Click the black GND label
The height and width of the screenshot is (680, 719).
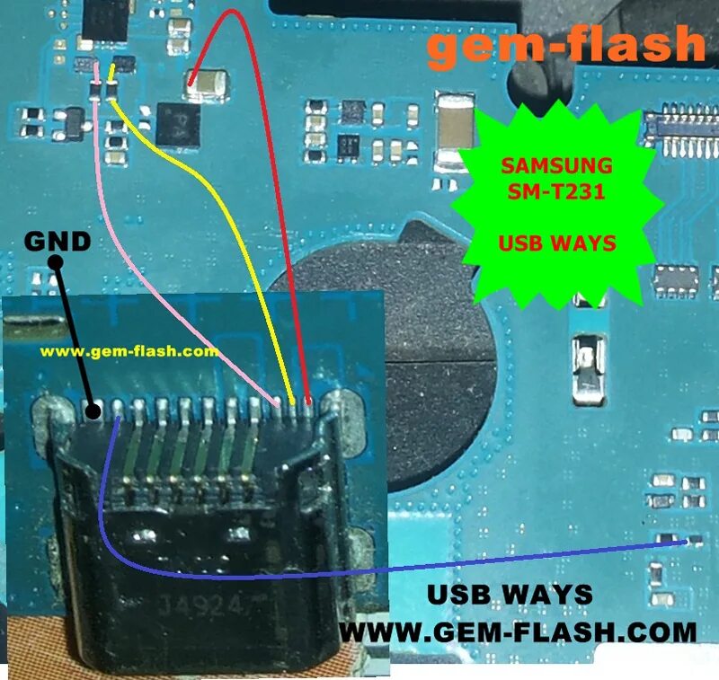(57, 241)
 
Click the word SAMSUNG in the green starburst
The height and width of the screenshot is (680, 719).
(557, 166)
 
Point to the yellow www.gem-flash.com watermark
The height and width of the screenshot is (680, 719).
(129, 352)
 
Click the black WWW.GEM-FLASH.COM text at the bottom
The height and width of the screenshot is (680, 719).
(519, 631)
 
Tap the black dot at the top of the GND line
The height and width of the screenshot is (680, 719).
(55, 263)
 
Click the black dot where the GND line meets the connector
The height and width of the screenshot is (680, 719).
(92, 412)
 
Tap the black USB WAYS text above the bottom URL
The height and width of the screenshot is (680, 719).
(510, 595)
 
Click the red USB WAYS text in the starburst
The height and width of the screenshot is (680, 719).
(557, 243)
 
